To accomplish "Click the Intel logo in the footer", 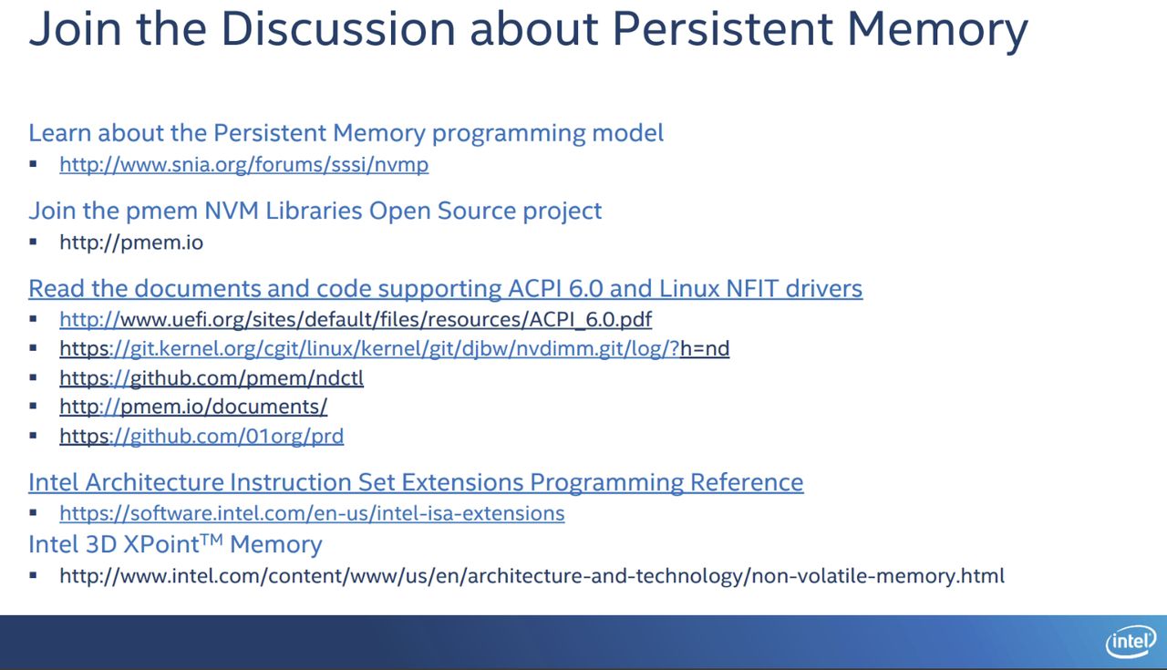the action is click(1131, 642).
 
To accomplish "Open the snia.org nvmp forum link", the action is click(243, 165).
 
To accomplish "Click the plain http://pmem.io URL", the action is click(131, 242).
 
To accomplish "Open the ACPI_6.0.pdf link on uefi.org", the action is click(356, 319).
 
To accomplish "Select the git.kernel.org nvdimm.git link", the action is click(395, 348).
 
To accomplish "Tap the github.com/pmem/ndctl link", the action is click(212, 377).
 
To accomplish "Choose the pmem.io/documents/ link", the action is click(193, 407).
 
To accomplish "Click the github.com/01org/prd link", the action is click(201, 436).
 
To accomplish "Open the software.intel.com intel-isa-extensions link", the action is click(312, 513).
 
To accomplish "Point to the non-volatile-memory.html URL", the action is click(532, 576).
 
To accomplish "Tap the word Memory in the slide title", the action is click(937, 30).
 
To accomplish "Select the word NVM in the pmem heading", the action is click(232, 211).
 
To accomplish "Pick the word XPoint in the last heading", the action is click(161, 544).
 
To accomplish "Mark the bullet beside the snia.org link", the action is click(34, 164).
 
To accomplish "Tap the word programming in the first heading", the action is click(509, 134).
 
